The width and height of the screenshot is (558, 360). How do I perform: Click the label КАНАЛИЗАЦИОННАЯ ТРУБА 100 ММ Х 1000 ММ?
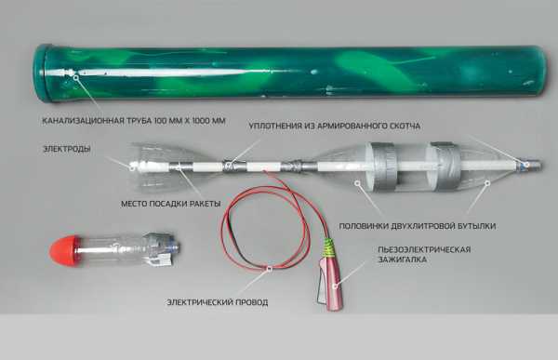(x=134, y=121)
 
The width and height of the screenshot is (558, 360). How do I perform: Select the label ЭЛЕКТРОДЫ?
(x=67, y=149)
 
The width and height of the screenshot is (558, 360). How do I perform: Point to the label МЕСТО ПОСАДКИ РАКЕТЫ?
(x=171, y=204)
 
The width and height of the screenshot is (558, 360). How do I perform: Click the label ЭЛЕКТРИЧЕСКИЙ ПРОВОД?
(x=218, y=302)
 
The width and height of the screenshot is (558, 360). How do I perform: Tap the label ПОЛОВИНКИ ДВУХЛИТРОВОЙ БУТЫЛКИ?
(x=417, y=226)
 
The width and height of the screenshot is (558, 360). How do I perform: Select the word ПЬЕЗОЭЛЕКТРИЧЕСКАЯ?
(x=424, y=249)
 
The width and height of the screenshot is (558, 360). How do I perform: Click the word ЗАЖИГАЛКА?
(x=402, y=260)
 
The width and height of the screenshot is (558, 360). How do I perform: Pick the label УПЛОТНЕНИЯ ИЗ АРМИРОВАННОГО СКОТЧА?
(x=334, y=127)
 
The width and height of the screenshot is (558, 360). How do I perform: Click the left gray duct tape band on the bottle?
(x=383, y=167)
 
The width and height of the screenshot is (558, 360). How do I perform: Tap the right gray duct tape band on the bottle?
(x=445, y=167)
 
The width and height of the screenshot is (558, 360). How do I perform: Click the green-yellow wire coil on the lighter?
(x=330, y=247)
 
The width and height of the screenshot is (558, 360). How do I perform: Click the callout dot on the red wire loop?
(x=270, y=269)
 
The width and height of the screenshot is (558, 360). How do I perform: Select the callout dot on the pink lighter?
(x=335, y=286)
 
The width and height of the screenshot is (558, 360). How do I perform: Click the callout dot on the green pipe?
(x=75, y=74)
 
